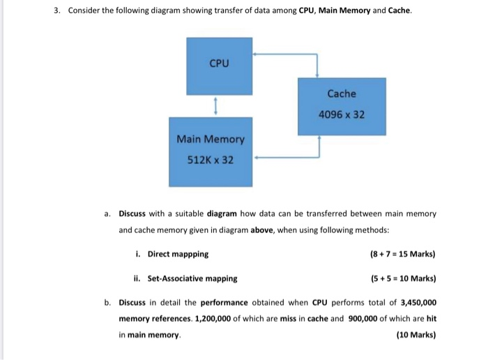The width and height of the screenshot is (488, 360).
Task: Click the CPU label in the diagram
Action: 219,63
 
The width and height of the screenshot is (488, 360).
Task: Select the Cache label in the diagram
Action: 341,93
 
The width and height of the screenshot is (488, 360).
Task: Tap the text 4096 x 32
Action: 341,114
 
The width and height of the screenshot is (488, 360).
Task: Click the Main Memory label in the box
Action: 211,139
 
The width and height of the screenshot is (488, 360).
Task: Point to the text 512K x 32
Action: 211,160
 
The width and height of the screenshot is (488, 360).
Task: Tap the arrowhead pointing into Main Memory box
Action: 257,158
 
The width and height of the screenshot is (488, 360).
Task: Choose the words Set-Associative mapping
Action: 192,278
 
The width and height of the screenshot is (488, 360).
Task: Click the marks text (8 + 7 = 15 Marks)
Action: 403,254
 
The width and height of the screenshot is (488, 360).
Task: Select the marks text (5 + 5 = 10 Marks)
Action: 403,278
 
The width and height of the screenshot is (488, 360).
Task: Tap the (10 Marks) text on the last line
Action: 415,335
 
